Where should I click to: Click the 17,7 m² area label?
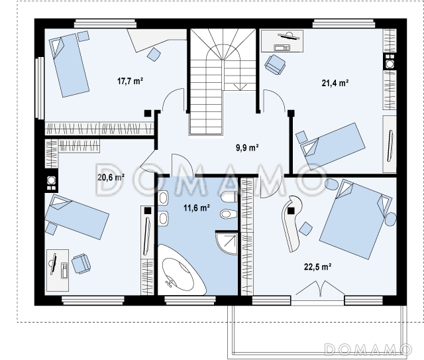click(130, 81)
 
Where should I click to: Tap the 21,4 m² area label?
click(335, 83)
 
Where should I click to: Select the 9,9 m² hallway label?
click(247, 148)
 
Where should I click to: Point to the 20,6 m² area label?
click(111, 177)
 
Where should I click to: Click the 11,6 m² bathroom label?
click(197, 208)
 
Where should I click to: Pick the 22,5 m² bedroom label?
click(318, 267)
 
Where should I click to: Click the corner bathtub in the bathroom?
click(181, 270)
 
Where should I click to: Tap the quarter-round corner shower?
click(227, 243)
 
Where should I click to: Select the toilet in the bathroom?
click(229, 197)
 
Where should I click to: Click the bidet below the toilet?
click(229, 214)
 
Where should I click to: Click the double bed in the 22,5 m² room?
click(355, 219)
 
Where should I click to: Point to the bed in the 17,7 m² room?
click(69, 65)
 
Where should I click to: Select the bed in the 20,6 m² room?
click(77, 217)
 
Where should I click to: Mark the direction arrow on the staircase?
click(240, 87)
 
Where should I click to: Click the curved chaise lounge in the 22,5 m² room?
click(291, 223)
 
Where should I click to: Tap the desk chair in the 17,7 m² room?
click(154, 54)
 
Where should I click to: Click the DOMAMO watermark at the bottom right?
click(368, 349)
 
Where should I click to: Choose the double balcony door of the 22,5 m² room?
click(320, 288)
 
